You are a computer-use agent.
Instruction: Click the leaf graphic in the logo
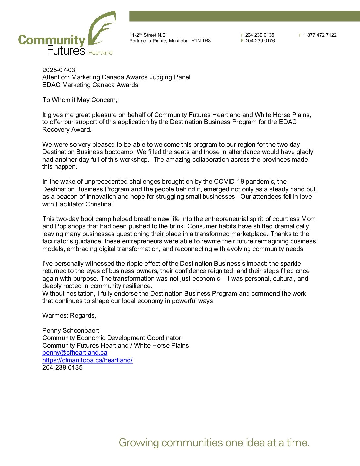[102, 29]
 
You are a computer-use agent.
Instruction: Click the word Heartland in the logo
[100, 53]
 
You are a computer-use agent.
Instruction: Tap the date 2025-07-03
[59, 70]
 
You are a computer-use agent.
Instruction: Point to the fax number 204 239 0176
[260, 41]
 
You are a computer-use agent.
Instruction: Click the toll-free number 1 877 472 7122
[320, 35]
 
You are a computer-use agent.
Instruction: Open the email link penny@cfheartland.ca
[74, 353]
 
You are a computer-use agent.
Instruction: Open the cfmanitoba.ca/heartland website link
[87, 360]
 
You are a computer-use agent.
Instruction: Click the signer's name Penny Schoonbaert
[70, 330]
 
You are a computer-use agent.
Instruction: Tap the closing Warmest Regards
[69, 315]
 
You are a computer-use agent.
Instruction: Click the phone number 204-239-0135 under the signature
[63, 367]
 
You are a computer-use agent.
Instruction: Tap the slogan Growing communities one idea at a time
[214, 443]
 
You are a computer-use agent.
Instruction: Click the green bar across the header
[244, 16]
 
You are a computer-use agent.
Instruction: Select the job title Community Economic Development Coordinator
[112, 338]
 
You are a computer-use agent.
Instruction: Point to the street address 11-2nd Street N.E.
[148, 35]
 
